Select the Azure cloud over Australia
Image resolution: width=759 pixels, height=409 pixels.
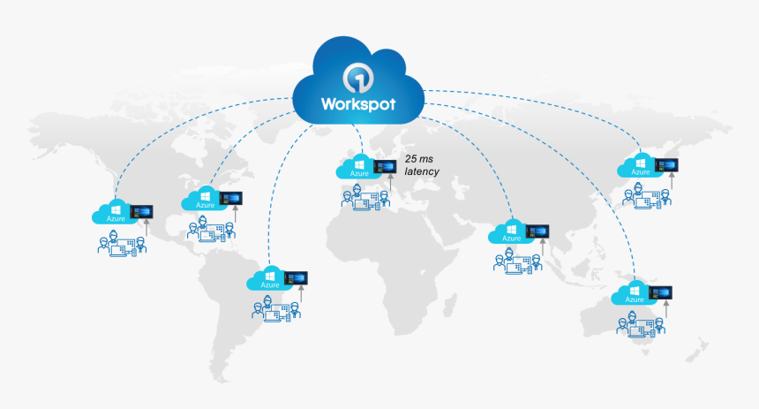635,294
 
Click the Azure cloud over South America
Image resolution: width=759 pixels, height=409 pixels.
269,279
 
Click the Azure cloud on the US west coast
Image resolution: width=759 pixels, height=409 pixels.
116,213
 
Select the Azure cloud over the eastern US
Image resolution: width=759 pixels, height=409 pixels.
204,199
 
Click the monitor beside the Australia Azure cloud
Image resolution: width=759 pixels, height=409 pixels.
661,292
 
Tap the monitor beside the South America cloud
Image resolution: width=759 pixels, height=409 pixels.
296,277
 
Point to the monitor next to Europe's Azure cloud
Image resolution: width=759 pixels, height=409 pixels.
385,165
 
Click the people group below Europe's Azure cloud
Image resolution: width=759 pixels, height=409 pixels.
364,200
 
